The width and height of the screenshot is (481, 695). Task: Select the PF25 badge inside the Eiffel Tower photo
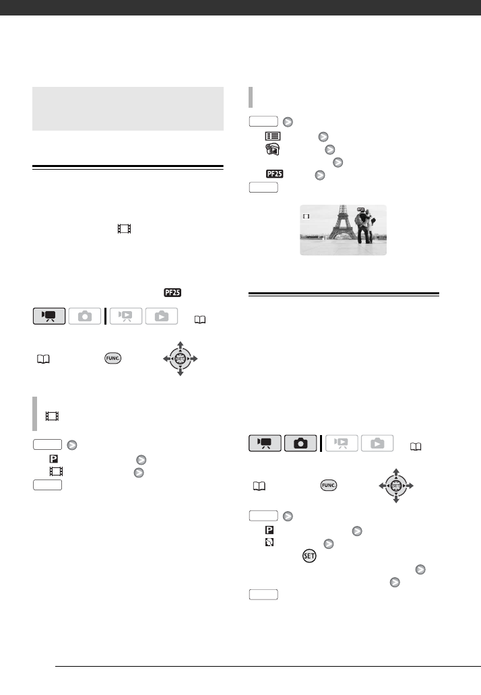tap(361, 209)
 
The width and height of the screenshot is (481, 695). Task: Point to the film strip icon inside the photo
tap(307, 217)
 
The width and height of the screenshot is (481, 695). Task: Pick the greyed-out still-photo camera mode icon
tap(85, 316)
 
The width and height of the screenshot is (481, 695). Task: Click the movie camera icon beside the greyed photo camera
tap(49, 316)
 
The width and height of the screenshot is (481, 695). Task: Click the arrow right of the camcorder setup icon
tap(329, 149)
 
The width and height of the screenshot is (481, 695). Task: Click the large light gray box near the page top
tap(128, 108)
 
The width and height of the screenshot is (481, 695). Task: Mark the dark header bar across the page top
tap(241, 7)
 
